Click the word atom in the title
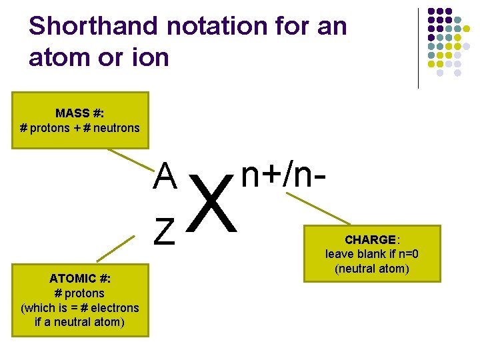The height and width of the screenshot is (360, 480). coord(58,58)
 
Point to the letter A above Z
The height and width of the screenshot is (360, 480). coord(165,177)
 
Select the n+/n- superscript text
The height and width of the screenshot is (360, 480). coord(284,175)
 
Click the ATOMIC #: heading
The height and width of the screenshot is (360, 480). coord(80,279)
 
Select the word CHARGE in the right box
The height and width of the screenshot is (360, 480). coord(370,239)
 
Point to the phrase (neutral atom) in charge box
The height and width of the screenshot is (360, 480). coord(372,269)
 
